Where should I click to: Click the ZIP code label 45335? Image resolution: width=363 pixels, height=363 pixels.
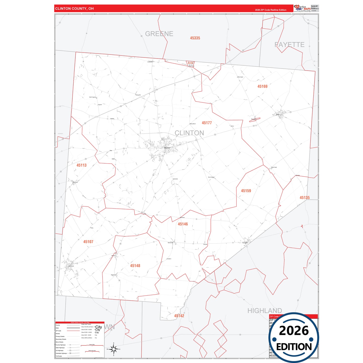click(x=195, y=38)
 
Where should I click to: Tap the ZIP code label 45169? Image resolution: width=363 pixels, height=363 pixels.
click(x=262, y=86)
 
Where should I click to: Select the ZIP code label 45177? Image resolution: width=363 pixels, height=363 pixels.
click(x=207, y=123)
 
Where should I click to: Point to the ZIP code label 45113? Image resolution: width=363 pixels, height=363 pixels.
click(x=81, y=165)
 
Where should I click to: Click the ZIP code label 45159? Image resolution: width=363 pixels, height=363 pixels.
click(x=246, y=191)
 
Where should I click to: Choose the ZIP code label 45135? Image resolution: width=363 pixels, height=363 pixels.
click(x=304, y=198)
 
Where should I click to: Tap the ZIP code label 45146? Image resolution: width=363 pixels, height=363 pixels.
click(x=183, y=224)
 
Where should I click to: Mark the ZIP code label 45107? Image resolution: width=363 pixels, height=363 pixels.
click(x=88, y=242)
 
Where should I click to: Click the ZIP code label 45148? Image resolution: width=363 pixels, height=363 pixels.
click(x=135, y=266)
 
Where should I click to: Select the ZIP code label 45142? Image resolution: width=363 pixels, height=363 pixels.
click(x=179, y=316)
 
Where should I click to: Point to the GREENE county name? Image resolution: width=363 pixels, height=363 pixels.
click(x=159, y=34)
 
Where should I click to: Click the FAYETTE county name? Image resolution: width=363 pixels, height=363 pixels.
click(x=289, y=45)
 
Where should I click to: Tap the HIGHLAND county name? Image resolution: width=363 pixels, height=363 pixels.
click(x=265, y=311)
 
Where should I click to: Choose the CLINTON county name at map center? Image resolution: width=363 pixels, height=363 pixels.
click(x=189, y=133)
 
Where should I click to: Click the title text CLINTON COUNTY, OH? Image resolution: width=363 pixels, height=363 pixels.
click(x=74, y=9)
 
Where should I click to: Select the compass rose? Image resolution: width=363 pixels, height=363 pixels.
click(x=114, y=349)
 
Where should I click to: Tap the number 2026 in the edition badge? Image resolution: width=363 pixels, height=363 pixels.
click(x=294, y=331)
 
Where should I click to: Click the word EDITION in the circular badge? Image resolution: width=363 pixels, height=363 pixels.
click(x=294, y=347)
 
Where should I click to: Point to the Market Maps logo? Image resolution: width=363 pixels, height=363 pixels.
click(x=302, y=8)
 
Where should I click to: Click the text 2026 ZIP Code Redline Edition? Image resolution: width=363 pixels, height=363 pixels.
click(x=271, y=10)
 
